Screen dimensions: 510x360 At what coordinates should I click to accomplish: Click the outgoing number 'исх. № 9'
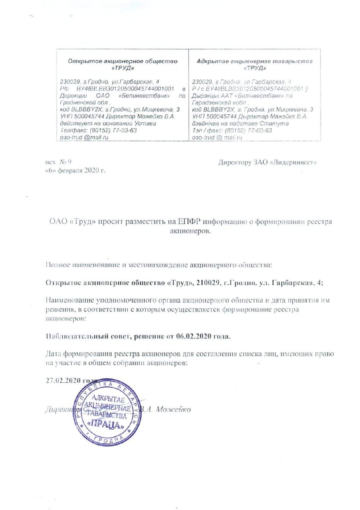coord(58,162)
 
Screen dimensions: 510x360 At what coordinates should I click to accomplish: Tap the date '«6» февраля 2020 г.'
coord(75,170)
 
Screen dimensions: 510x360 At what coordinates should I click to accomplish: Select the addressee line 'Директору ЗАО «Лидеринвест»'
coord(267,162)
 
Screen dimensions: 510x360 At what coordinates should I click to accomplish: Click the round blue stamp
coord(108,411)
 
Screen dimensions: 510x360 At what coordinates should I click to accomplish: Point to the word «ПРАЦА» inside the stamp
coord(108,424)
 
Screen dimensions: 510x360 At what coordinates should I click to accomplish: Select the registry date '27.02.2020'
coord(63,380)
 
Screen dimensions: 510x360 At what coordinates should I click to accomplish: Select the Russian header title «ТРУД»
coord(123,68)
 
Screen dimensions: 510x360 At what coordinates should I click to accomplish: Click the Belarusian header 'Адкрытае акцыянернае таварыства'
coord(254,61)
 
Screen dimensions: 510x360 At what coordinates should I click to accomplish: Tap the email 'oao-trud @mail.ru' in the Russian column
coord(84,137)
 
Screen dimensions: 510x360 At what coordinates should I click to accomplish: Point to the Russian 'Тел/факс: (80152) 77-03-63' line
coord(98,131)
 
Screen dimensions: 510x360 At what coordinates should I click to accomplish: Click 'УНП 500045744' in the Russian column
coord(82,117)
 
